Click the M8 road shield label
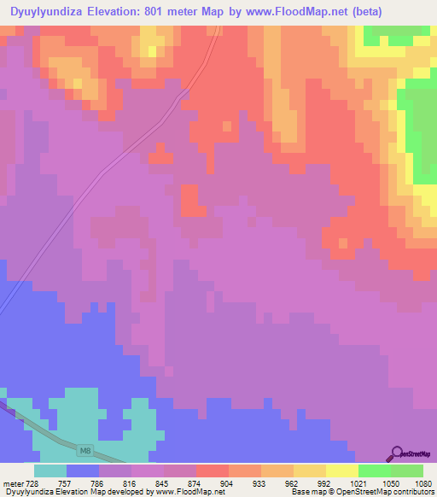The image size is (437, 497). point(84,449)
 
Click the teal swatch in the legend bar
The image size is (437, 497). point(50,471)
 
